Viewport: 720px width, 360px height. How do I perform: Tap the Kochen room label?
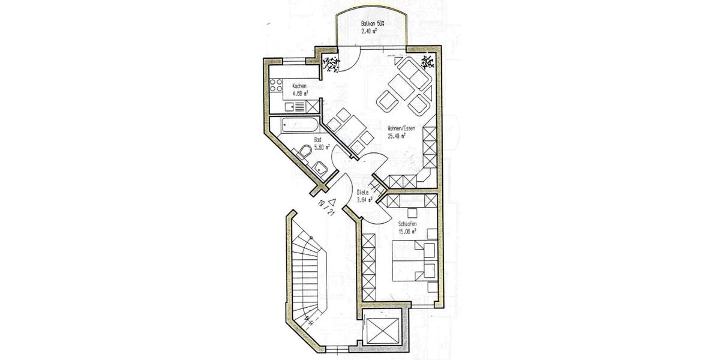(x=300, y=86)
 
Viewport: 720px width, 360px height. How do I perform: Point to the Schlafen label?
(x=407, y=223)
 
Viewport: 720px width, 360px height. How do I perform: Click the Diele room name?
(x=363, y=193)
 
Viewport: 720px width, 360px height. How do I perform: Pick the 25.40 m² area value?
(x=397, y=136)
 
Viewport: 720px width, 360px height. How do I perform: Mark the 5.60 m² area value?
(x=322, y=146)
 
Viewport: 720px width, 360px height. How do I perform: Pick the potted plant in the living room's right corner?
(x=428, y=62)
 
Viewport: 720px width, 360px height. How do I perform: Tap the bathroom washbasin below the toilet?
(x=319, y=169)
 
